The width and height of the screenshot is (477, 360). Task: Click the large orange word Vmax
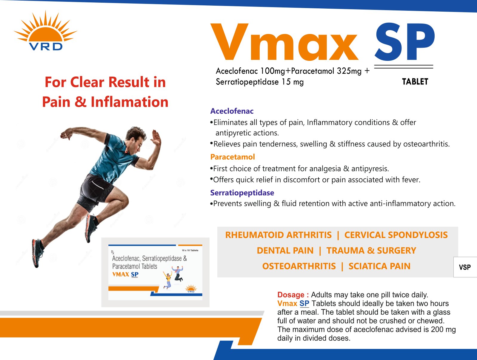284,42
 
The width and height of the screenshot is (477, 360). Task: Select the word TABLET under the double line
415,82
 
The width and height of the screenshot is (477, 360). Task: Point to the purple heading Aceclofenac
232,111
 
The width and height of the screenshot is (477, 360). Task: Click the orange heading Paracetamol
233,157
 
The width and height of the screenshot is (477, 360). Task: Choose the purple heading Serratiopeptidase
242,193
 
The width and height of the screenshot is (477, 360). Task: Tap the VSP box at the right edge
465,267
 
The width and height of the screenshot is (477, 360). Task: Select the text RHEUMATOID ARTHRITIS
278,235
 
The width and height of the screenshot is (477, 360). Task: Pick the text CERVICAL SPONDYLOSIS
396,235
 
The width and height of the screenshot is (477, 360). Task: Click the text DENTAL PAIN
285,251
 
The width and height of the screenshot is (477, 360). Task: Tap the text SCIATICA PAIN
379,266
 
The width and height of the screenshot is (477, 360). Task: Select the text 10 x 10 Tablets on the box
190,250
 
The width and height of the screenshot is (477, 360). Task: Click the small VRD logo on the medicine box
191,288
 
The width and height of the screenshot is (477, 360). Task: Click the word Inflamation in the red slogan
130,102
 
